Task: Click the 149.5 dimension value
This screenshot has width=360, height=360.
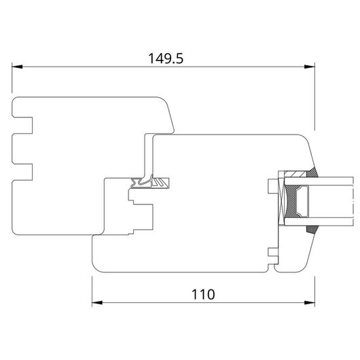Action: (166, 58)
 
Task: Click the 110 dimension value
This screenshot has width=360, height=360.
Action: (203, 294)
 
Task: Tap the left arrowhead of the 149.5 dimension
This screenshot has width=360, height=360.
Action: (17, 67)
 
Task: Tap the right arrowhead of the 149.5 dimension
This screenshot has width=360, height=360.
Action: (309, 67)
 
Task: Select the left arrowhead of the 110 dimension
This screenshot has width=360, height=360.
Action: (97, 302)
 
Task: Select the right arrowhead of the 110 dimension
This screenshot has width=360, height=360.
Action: (309, 302)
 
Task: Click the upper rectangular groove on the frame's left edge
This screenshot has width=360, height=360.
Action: (22, 126)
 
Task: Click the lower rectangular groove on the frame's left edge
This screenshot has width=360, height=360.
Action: (22, 172)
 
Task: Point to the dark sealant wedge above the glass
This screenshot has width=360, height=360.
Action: (312, 173)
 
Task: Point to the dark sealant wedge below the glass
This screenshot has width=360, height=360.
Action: (312, 230)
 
